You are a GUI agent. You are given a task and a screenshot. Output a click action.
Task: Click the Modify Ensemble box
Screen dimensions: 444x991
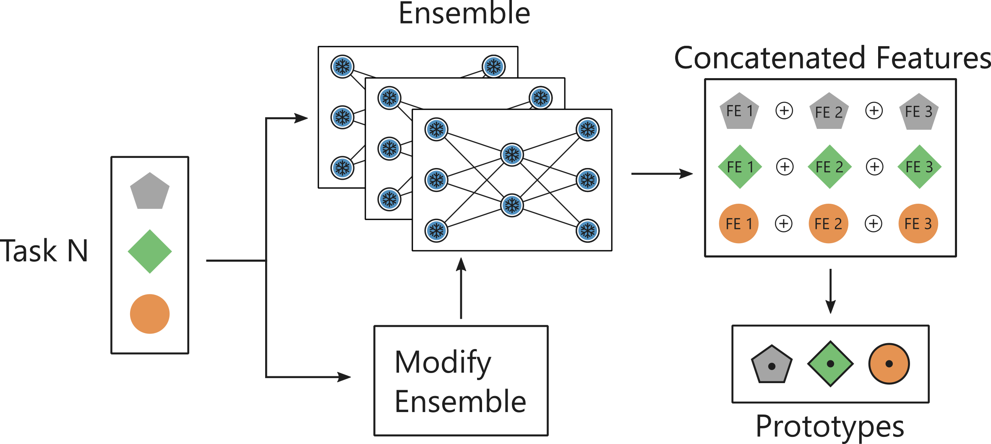pos(461,381)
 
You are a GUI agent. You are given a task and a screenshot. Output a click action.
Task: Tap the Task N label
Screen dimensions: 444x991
pos(44,251)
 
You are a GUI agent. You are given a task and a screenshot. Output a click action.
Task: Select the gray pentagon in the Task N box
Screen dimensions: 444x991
pos(150,192)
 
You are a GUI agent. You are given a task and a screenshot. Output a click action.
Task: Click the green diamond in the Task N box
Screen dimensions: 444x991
pos(150,251)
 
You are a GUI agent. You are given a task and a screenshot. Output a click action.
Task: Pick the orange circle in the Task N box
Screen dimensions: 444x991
pos(150,313)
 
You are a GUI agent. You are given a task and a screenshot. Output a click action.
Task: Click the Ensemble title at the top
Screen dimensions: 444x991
pos(464,13)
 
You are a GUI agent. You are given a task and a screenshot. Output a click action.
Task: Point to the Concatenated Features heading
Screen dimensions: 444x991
pos(832,58)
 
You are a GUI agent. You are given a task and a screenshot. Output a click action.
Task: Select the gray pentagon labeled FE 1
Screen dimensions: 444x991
pos(739,111)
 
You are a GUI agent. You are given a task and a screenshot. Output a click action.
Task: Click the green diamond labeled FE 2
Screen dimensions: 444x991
pos(829,167)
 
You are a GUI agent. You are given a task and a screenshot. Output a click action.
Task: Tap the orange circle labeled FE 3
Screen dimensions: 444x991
pos(918,223)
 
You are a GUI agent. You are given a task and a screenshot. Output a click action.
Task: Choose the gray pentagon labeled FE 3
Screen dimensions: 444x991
pos(919,112)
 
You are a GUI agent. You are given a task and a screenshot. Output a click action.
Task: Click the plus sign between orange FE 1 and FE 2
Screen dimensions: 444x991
pos(784,223)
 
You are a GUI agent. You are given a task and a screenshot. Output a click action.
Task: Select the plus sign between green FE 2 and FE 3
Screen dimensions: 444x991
pos(874,167)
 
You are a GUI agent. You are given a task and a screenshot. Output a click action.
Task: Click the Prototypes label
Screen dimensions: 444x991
pos(829,427)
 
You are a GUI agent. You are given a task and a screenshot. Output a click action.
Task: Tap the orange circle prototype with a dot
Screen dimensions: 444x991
pos(889,364)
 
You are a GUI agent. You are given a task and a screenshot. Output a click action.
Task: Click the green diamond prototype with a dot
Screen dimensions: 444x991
pos(830,364)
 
